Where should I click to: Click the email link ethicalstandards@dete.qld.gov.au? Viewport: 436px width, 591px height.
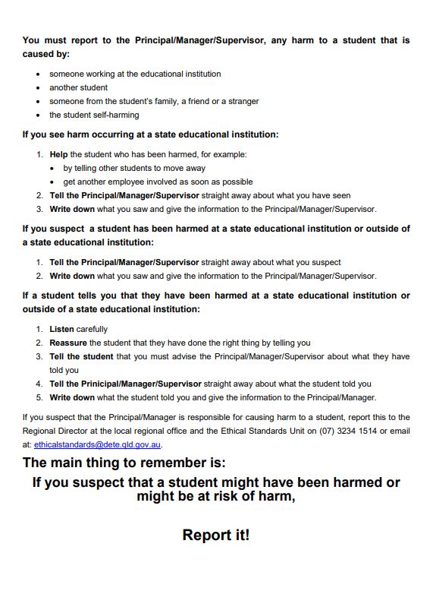click(97, 444)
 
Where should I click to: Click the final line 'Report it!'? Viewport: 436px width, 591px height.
click(216, 536)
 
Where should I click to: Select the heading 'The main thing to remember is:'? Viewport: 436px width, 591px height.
click(124, 463)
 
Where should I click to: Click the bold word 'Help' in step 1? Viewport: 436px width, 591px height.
click(59, 154)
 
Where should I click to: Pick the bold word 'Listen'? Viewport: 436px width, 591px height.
click(61, 329)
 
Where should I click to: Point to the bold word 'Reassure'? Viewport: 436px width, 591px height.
click(68, 343)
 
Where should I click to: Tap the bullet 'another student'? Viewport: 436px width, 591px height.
click(79, 87)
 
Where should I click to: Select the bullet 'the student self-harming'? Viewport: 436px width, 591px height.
click(94, 115)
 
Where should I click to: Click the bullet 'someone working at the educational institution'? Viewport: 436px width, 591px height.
click(135, 74)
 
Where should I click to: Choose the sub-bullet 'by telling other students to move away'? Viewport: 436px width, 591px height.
click(134, 168)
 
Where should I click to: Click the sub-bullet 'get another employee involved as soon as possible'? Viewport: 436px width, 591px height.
click(158, 182)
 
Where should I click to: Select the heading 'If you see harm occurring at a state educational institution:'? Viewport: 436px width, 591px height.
click(150, 134)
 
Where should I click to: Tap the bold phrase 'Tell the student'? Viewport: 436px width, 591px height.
click(81, 356)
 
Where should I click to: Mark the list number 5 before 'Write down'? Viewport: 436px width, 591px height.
click(39, 397)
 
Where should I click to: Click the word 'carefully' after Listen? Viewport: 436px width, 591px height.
click(92, 329)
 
